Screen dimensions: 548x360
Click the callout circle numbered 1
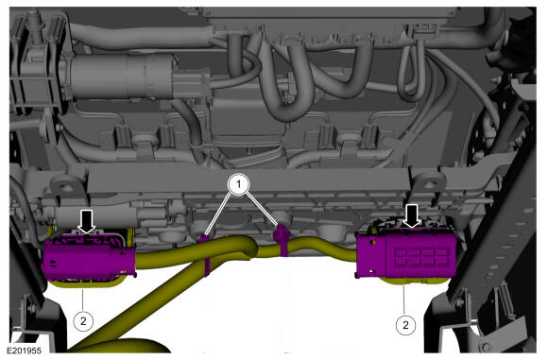[239, 183]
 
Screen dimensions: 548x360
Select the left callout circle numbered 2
[83, 320]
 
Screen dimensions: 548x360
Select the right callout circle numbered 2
[405, 325]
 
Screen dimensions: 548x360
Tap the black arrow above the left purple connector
[87, 221]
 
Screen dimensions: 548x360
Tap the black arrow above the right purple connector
[412, 216]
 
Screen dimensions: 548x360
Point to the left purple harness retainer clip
[205, 254]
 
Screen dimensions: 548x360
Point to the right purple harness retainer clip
[283, 240]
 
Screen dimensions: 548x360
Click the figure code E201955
[25, 351]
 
